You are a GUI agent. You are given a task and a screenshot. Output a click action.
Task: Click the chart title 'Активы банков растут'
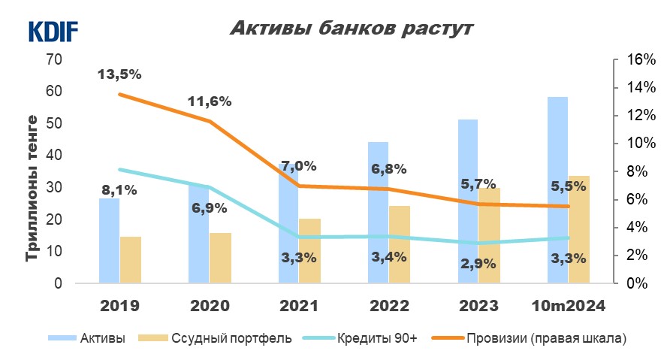coord(351,29)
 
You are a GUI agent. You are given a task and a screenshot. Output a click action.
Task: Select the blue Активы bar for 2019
coord(110,241)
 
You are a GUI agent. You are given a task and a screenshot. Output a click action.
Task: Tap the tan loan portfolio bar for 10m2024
coord(578,229)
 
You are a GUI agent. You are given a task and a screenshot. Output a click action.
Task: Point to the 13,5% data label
coord(119,74)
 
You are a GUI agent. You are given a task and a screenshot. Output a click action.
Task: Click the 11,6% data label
coord(210,101)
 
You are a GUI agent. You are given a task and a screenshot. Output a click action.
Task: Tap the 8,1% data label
coord(119,190)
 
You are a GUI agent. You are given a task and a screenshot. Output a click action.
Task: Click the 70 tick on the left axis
coord(54,59)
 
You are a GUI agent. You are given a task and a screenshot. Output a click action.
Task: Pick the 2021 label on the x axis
coord(298,306)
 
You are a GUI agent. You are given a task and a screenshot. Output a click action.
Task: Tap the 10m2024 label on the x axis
coord(568,306)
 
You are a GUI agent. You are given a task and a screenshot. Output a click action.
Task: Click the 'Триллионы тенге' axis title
coord(32,188)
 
